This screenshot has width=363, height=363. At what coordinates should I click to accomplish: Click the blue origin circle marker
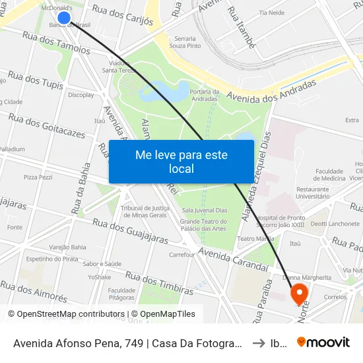pyautogui.click(x=64, y=18)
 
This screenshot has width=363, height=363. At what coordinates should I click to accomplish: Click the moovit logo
pyautogui.click(x=323, y=342)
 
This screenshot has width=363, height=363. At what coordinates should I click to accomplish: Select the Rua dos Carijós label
pyautogui.click(x=123, y=15)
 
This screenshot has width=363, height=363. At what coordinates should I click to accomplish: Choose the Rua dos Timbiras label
pyautogui.click(x=159, y=283)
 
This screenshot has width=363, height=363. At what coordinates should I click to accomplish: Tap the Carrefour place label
pyautogui.click(x=182, y=254)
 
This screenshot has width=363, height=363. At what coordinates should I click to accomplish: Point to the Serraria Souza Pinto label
pyautogui.click(x=185, y=42)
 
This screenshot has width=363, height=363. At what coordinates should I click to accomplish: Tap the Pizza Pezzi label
pyautogui.click(x=38, y=178)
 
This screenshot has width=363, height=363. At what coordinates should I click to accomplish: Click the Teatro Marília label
pyautogui.click(x=255, y=239)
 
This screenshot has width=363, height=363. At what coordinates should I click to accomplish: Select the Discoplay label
pyautogui.click(x=81, y=95)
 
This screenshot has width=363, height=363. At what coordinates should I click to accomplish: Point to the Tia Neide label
pyautogui.click(x=272, y=13)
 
